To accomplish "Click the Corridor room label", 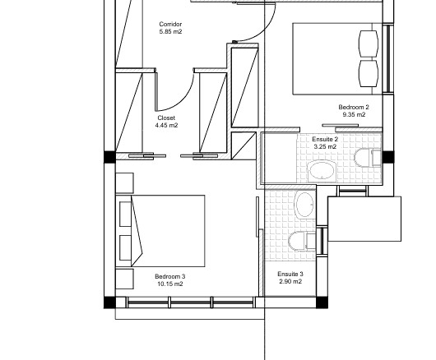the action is point(170,24).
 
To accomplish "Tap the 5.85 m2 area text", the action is point(170,32).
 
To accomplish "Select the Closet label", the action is point(166,118).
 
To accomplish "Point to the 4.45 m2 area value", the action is point(166,125).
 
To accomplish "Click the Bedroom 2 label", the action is point(354,107).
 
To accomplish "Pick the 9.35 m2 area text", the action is point(354,114).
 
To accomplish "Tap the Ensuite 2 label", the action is point(325,139).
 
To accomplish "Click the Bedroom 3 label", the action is point(170,276).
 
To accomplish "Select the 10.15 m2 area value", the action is point(170,284).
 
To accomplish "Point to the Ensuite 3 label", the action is point(290,275).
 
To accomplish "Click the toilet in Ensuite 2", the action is point(368,158).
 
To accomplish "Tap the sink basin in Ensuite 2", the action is point(322,171).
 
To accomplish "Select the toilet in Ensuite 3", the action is point(302,241).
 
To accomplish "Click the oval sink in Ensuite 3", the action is point(305,205).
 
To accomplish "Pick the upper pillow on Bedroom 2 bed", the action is point(369,44).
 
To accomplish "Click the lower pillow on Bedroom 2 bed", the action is point(369,74).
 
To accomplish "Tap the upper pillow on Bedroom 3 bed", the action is point(125,214).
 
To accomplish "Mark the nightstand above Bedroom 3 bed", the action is point(124,182).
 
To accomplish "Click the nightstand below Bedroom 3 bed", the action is point(124,279).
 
